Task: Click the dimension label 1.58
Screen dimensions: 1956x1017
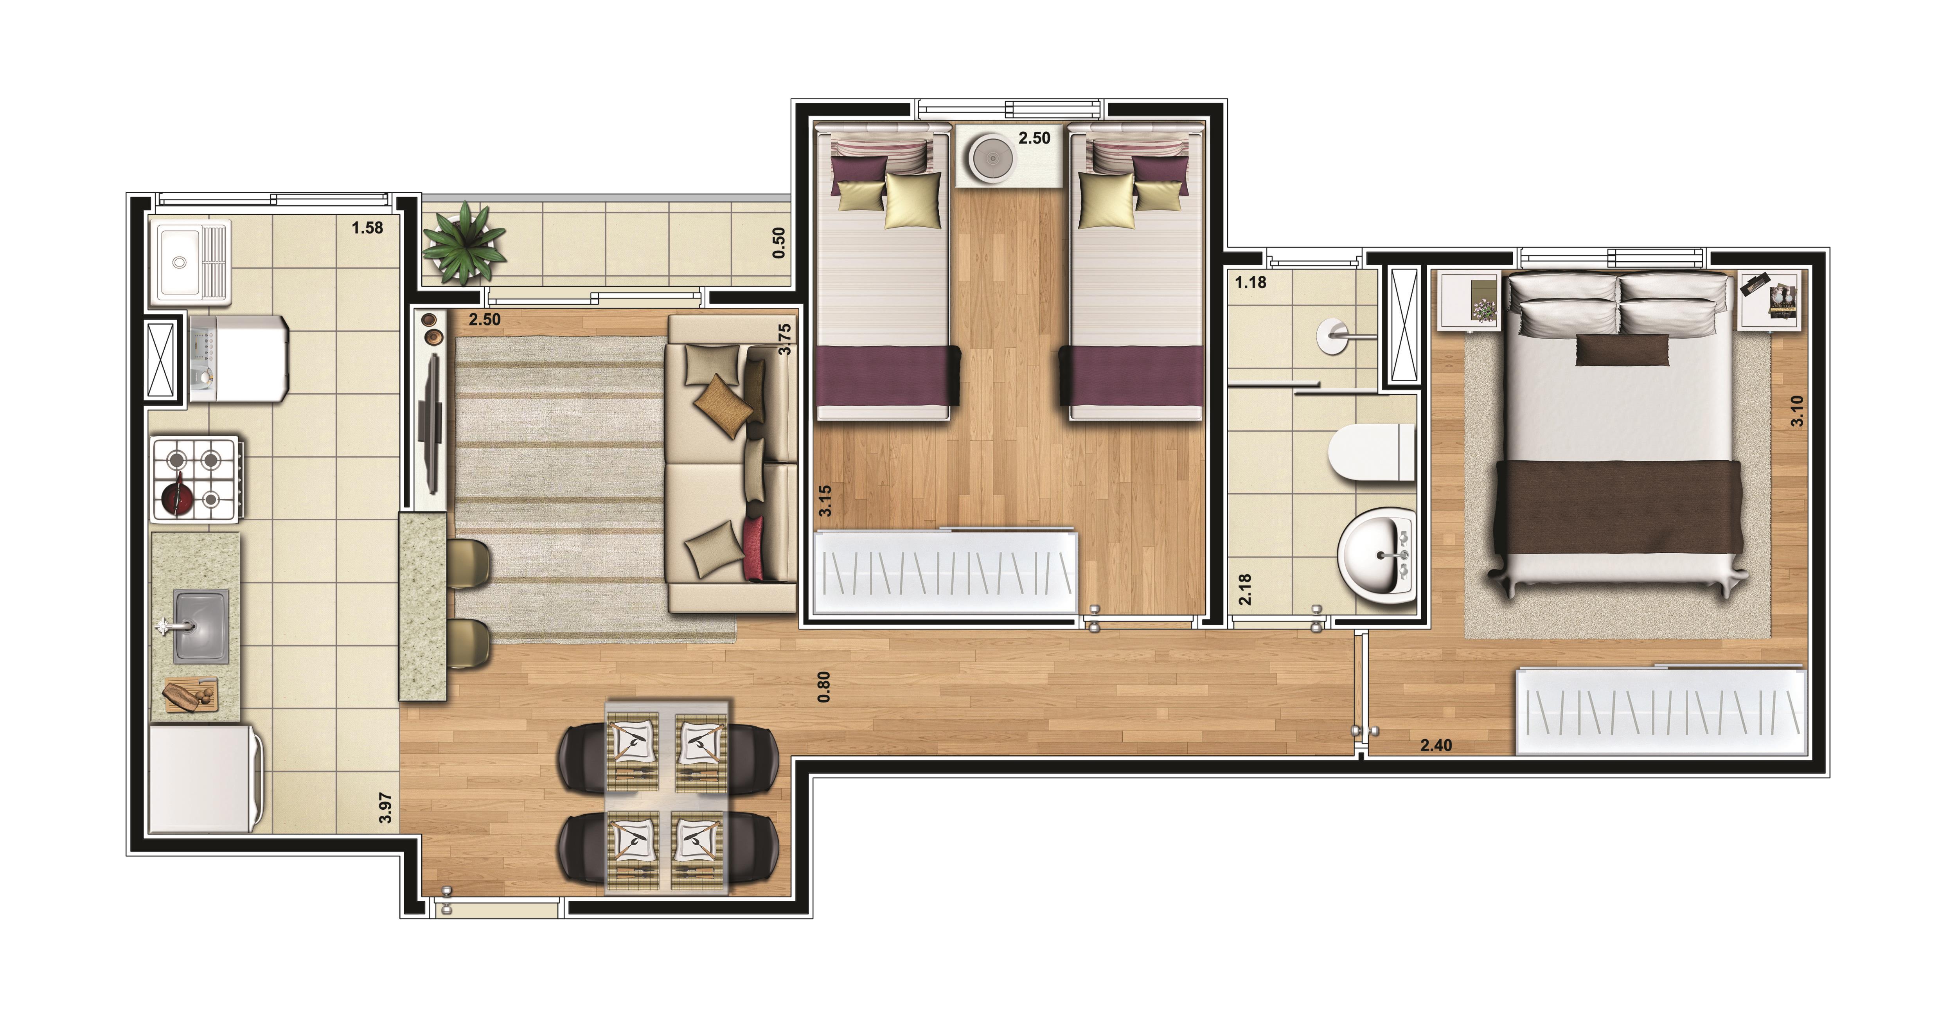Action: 367,228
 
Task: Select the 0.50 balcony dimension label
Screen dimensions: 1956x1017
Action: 778,243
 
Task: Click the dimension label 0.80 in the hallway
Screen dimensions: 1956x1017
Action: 824,687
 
